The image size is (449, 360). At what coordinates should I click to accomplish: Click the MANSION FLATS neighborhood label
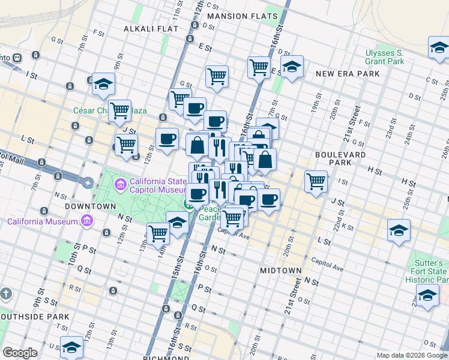point(243,16)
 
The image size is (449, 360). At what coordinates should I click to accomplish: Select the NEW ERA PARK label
point(348,73)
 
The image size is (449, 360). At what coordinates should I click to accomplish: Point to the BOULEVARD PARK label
point(340,159)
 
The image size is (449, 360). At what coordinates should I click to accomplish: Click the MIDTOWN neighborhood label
point(280,271)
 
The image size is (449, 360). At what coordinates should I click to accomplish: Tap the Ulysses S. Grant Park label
point(385,57)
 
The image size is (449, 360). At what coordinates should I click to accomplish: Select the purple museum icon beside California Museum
point(88,221)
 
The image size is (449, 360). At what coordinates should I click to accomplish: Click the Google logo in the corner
point(20,353)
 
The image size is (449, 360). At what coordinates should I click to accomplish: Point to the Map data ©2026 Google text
point(412,355)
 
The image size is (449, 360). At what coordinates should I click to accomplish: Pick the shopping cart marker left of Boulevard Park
point(316,181)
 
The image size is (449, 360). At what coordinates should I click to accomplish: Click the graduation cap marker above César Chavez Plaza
point(103,84)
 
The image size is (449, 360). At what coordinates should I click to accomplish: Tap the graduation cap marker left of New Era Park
point(292,67)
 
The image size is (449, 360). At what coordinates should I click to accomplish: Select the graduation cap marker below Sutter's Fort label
point(427,296)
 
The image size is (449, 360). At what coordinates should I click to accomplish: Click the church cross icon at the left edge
point(6,293)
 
